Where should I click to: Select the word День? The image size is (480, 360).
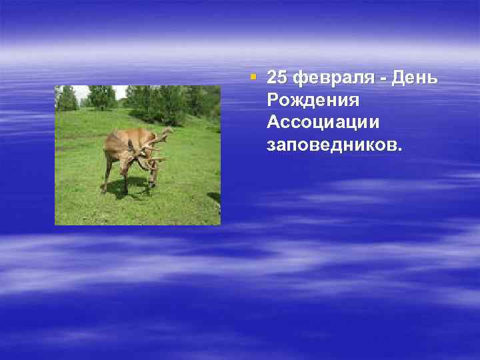[x=415, y=79]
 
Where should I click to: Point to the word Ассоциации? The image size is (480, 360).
[x=323, y=123]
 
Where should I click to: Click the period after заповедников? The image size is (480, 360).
[x=400, y=149]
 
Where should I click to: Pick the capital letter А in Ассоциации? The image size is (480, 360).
[x=273, y=123]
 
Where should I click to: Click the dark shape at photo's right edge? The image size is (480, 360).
[x=215, y=197]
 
